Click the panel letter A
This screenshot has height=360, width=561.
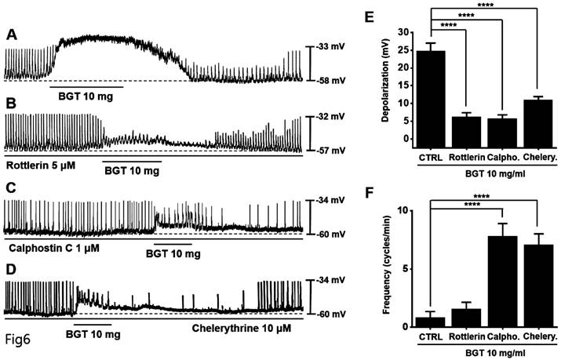tap(11, 35)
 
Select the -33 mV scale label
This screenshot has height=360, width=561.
tap(326, 47)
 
